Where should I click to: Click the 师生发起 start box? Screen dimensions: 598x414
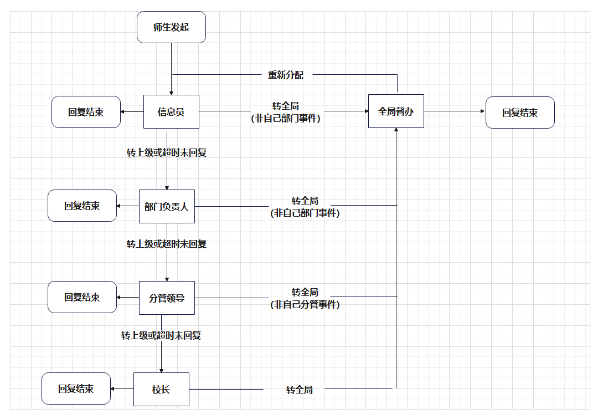click(171, 27)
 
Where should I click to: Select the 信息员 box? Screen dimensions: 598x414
click(171, 112)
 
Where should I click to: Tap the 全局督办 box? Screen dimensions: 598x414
click(396, 111)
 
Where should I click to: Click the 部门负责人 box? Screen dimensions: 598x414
click(167, 206)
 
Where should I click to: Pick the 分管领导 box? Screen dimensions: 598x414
click(167, 298)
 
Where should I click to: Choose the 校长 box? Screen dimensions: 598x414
click(161, 389)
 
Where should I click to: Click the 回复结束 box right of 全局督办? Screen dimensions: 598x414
click(520, 113)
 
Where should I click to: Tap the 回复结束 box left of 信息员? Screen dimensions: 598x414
click(86, 112)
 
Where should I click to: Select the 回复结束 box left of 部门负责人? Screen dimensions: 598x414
click(82, 206)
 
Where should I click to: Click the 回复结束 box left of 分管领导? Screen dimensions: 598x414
click(82, 297)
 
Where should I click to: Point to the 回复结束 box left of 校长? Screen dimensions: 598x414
click(76, 389)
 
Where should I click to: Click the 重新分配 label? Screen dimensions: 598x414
click(286, 75)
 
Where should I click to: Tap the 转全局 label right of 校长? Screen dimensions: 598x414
click(300, 390)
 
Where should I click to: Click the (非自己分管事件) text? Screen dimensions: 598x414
click(305, 304)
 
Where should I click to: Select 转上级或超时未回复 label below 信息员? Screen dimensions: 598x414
click(167, 152)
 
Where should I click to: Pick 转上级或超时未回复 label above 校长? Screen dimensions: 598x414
click(161, 335)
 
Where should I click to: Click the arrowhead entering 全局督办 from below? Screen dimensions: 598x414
click(396, 130)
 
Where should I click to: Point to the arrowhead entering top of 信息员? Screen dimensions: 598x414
click(171, 93)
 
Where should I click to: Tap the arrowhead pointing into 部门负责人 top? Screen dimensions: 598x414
click(167, 188)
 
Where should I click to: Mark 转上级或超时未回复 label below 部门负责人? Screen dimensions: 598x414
click(167, 244)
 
